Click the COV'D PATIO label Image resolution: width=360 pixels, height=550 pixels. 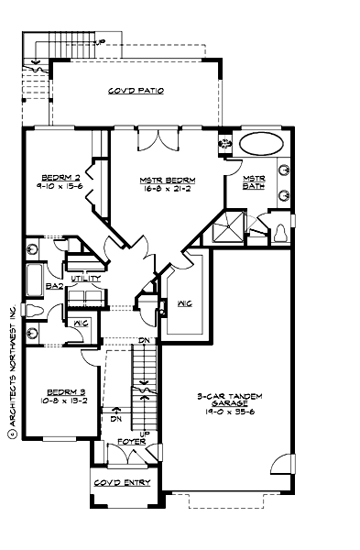[136, 92]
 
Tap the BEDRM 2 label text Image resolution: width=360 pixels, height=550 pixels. [60, 177]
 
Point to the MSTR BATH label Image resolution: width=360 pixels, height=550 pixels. [254, 181]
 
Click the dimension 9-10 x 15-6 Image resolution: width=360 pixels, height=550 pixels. [60, 185]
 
